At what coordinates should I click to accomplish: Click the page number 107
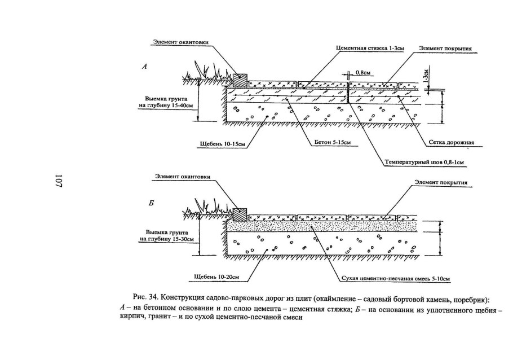(x=58, y=181)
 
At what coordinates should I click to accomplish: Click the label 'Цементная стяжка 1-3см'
(x=369, y=49)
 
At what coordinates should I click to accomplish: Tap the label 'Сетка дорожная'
(x=454, y=142)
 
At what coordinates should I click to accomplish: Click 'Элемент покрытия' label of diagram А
(x=445, y=49)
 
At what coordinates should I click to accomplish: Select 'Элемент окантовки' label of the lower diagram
(x=183, y=177)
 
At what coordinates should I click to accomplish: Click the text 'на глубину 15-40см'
(x=167, y=104)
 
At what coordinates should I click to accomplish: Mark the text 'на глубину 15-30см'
(x=167, y=239)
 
